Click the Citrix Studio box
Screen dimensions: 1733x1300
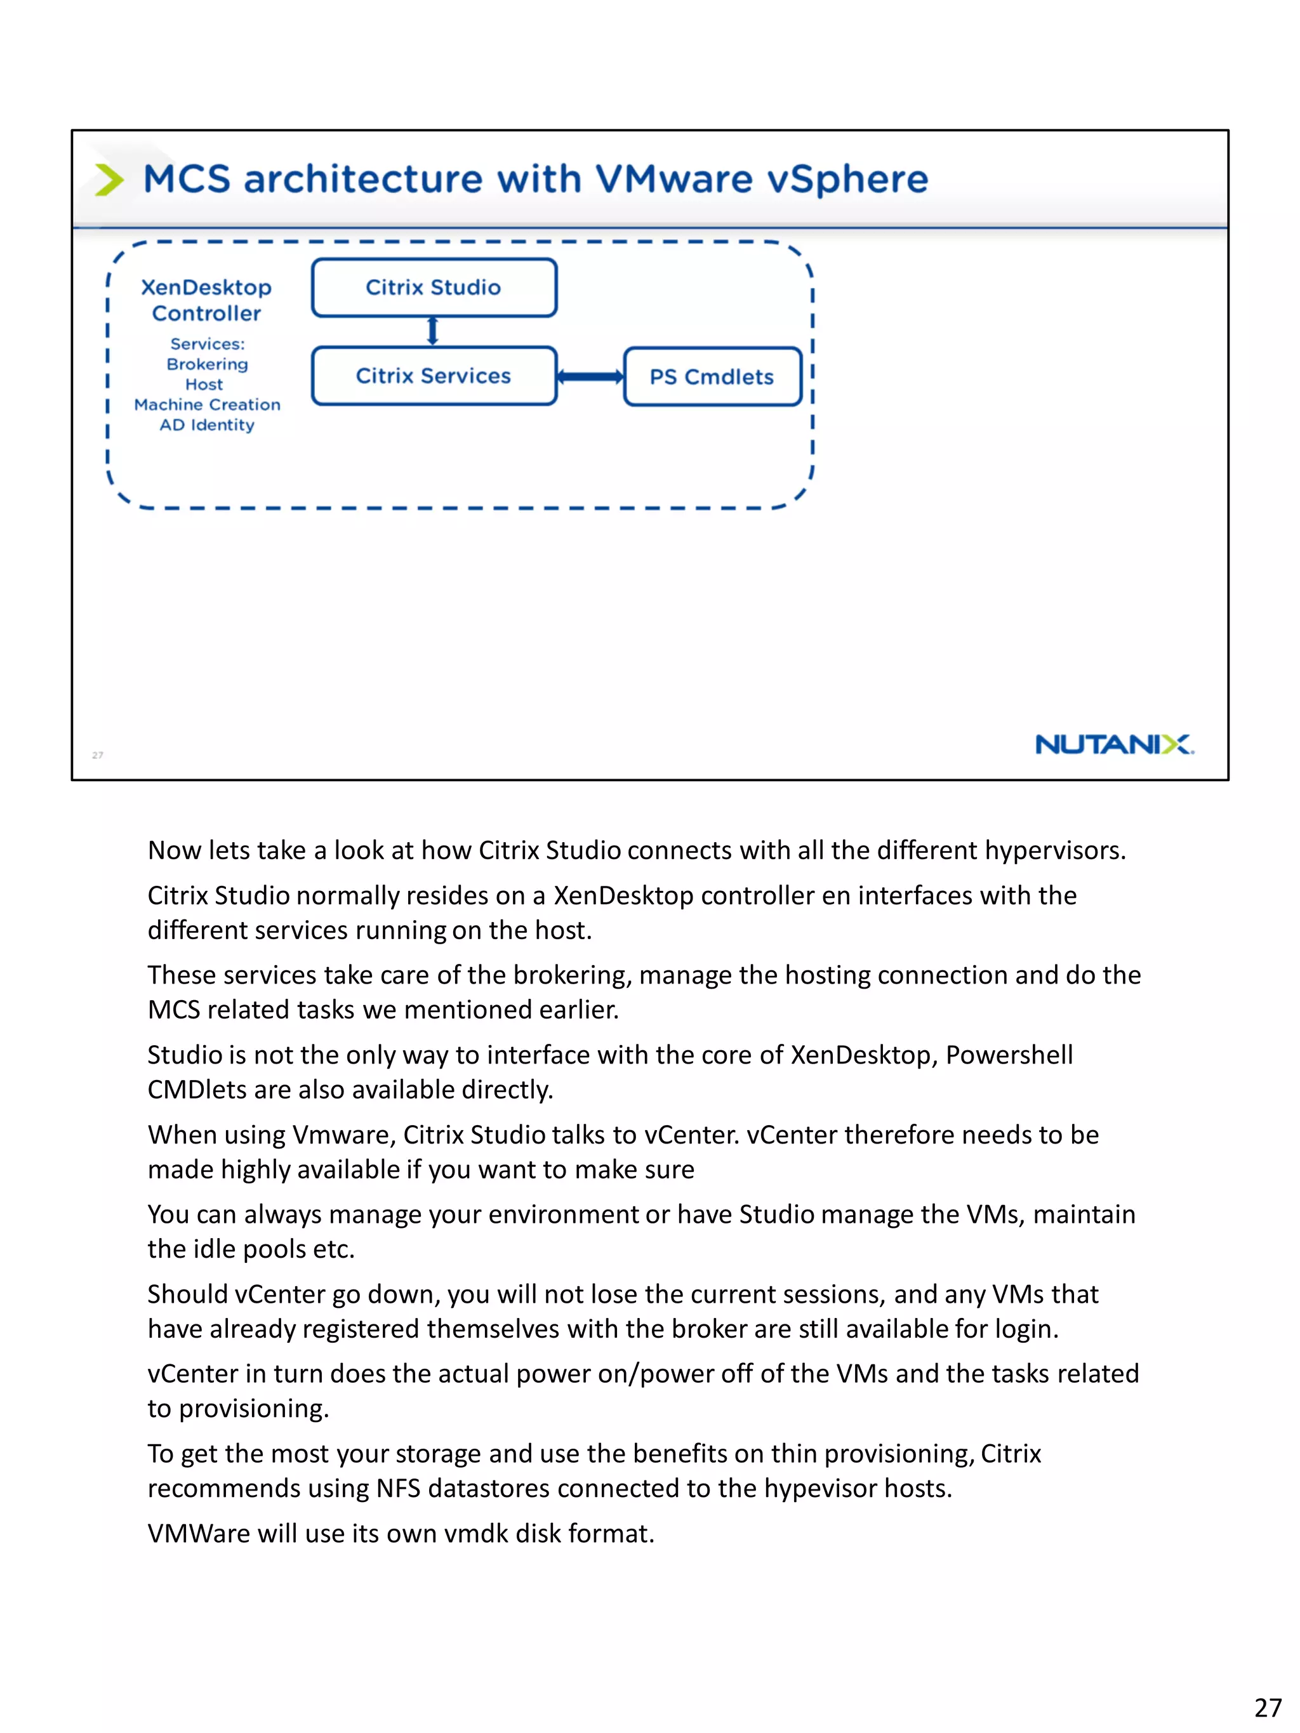(434, 287)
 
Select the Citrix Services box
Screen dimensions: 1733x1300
(434, 376)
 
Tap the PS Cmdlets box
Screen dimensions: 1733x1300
(712, 377)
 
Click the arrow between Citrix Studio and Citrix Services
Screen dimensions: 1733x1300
(432, 331)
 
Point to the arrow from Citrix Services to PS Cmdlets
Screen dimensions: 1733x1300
(590, 377)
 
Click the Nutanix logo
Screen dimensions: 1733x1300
(1113, 744)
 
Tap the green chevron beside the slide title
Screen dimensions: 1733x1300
(109, 180)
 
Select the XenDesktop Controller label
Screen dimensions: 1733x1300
(207, 300)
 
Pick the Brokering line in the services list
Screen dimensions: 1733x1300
(207, 364)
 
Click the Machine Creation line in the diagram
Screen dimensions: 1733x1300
(207, 405)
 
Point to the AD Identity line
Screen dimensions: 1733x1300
(207, 425)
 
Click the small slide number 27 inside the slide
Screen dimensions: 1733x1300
(97, 755)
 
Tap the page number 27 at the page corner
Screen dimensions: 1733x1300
(1267, 1707)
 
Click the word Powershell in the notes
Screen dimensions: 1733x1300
(1009, 1055)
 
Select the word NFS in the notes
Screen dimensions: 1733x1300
(398, 1489)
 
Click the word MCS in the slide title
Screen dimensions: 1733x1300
(187, 180)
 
